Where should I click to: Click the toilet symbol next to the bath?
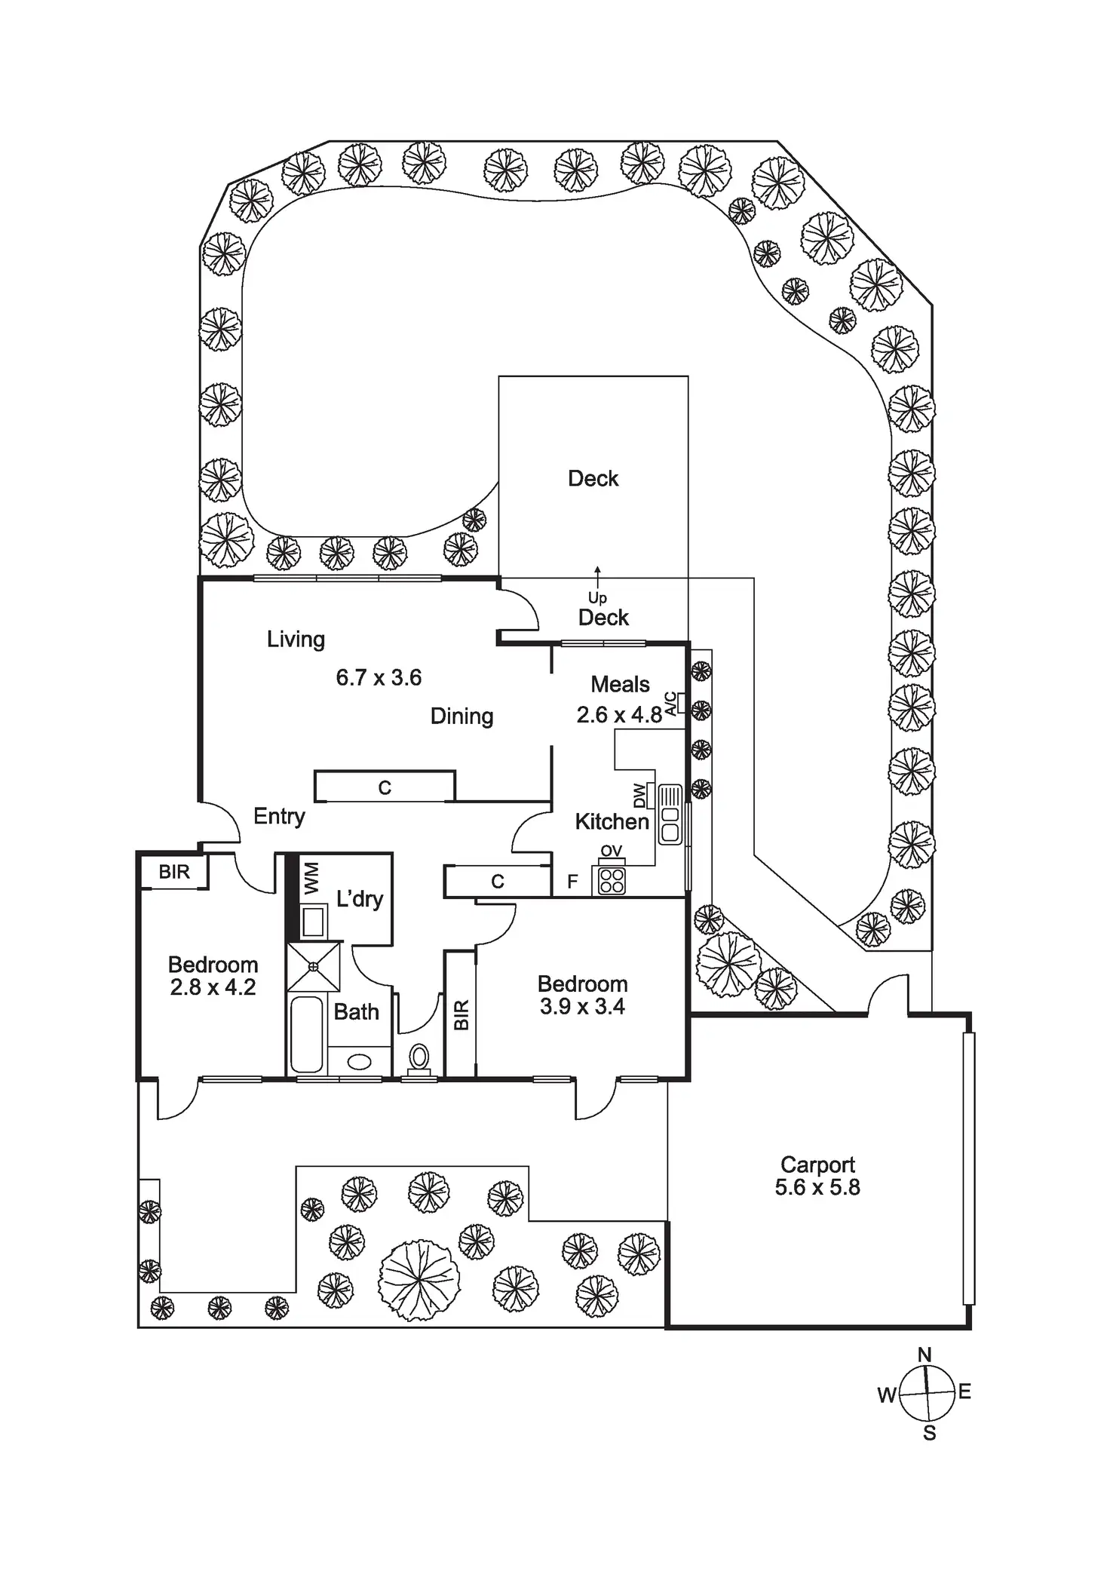click(x=419, y=1057)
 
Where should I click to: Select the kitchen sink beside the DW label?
click(x=670, y=815)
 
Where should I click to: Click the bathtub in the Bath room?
click(x=307, y=1035)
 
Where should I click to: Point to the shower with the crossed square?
click(x=314, y=966)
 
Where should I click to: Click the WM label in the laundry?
click(x=311, y=879)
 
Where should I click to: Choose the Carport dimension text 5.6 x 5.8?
click(x=817, y=1187)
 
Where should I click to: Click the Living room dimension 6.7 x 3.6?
click(x=379, y=677)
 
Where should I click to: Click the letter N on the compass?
click(x=924, y=1355)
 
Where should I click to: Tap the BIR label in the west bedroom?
click(x=174, y=872)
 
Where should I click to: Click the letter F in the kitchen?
click(x=572, y=882)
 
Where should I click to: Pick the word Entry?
click(x=279, y=816)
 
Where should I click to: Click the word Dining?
click(x=461, y=716)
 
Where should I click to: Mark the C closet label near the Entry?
click(x=385, y=787)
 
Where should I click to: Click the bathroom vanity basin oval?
click(x=359, y=1062)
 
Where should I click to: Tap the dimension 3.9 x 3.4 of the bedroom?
click(x=582, y=1007)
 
